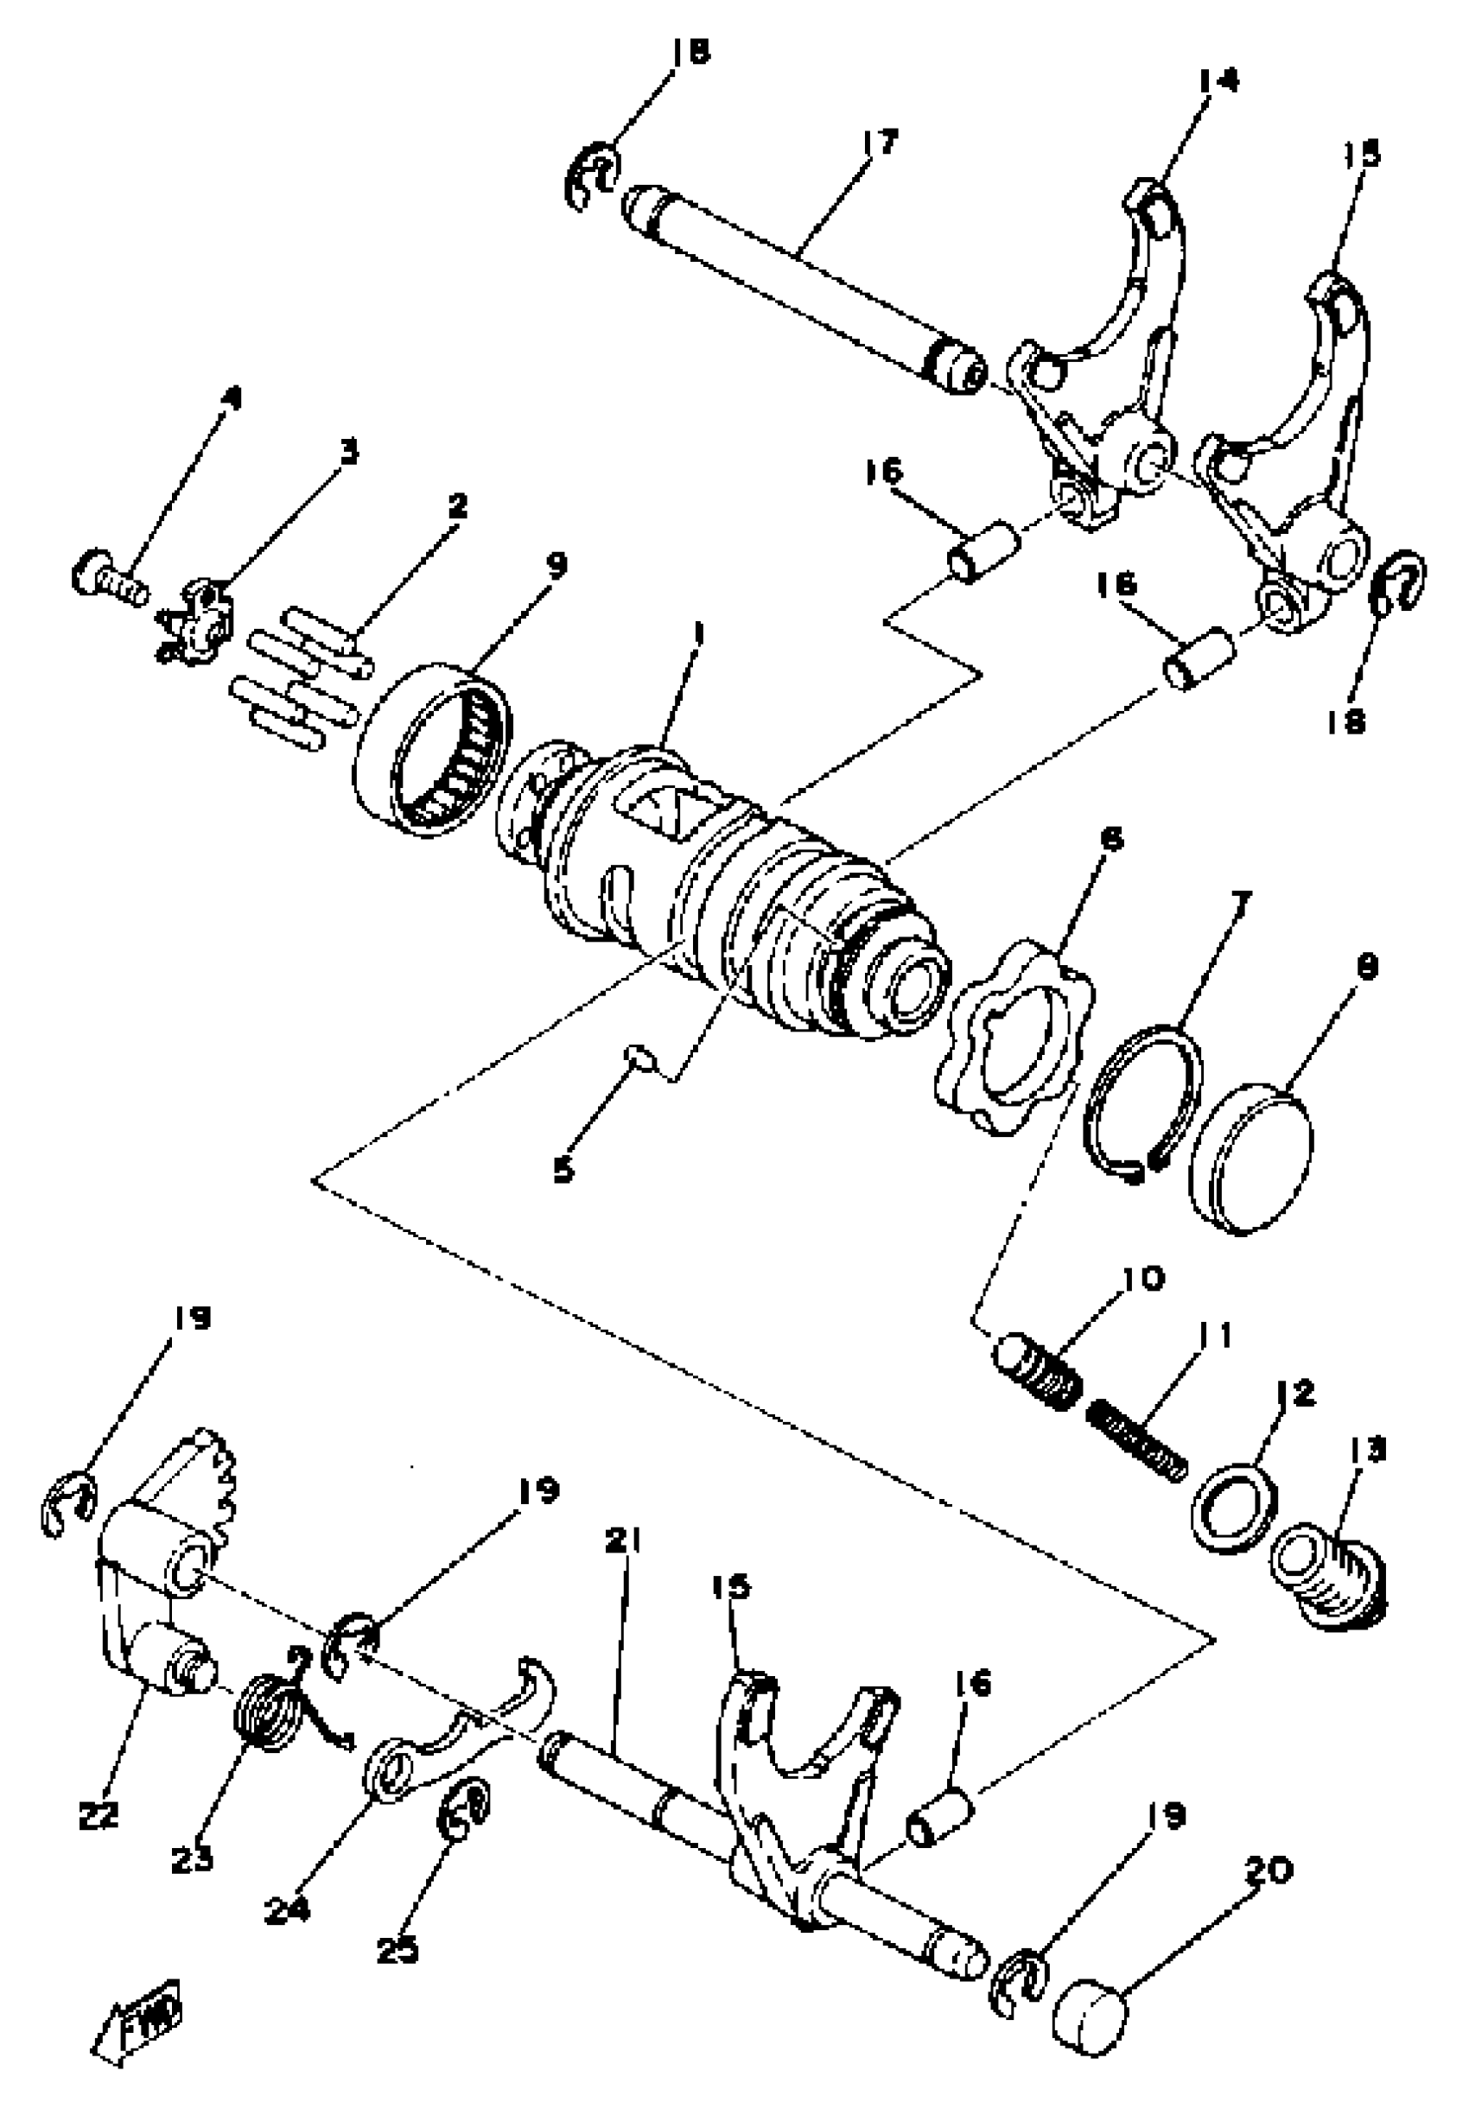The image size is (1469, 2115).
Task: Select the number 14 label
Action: tap(1218, 81)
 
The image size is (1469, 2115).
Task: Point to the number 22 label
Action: tap(99, 1815)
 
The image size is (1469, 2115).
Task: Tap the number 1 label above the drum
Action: tap(700, 634)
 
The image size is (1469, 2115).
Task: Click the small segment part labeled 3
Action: tap(197, 623)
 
